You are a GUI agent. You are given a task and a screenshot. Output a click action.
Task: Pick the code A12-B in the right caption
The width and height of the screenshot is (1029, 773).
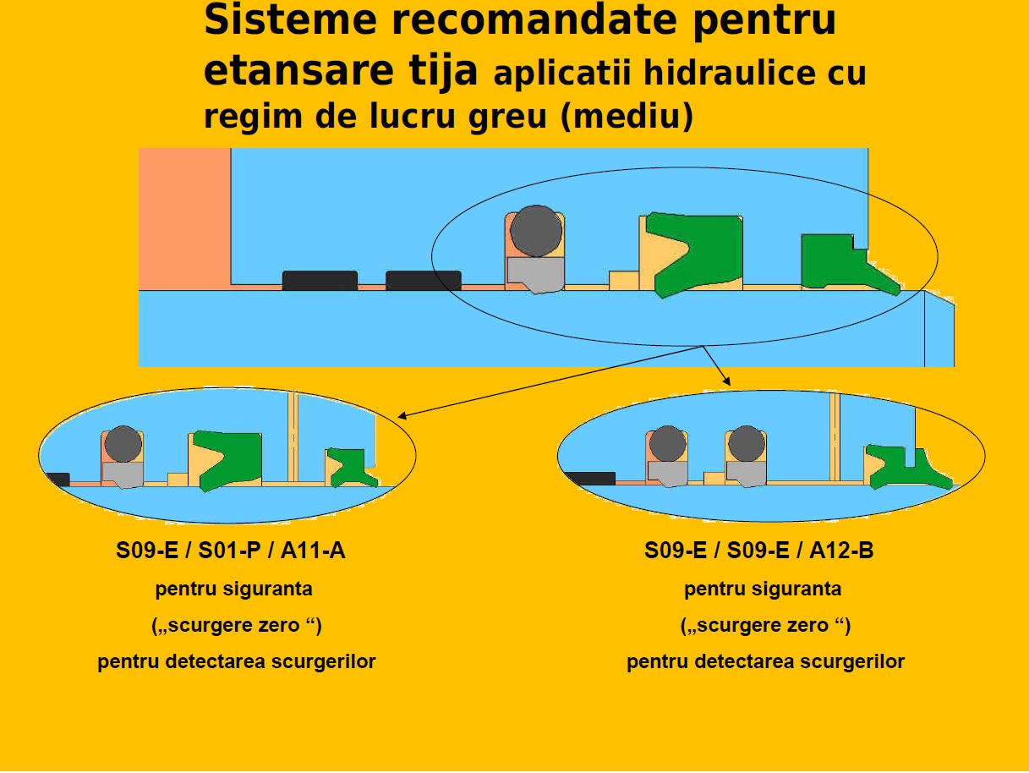point(841,551)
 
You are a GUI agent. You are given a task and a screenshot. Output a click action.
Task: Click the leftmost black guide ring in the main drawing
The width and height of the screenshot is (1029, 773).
point(320,281)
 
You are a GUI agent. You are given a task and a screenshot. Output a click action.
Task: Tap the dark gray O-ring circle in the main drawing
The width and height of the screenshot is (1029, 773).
point(536,230)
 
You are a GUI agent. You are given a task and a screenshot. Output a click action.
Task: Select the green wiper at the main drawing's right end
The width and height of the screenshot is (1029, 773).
point(837,264)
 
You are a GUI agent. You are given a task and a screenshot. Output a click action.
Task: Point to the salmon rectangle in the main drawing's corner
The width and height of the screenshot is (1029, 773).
point(184,218)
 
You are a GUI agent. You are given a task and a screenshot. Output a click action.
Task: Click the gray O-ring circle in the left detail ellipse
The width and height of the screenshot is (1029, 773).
point(123,444)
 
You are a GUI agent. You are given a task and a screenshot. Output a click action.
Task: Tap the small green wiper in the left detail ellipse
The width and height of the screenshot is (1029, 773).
point(349,468)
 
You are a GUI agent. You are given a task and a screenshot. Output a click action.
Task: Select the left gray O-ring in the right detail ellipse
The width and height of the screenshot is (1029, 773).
point(668,444)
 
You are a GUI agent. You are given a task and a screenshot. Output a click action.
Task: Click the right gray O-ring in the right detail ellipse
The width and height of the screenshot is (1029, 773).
point(746,444)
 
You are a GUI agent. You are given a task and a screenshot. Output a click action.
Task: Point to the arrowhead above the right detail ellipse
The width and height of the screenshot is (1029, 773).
point(725,382)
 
